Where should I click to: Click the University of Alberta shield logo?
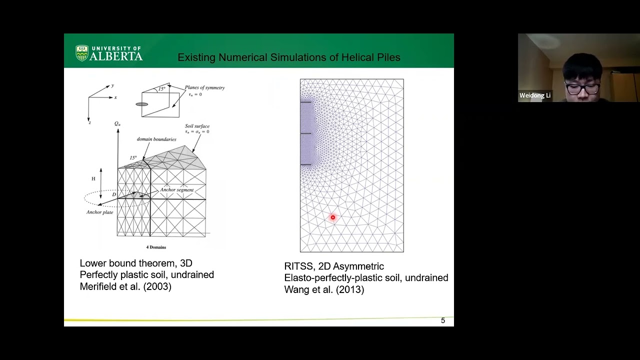tap(82, 53)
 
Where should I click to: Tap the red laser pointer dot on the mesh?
tap(332, 217)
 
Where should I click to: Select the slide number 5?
tap(442, 320)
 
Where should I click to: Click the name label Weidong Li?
tap(534, 95)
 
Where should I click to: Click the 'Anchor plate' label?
tap(99, 212)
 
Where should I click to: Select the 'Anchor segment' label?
tap(176, 190)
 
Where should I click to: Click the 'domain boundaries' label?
tap(156, 139)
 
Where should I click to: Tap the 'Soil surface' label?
tap(197, 126)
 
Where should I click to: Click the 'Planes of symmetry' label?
tap(204, 87)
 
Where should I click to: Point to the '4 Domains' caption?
tap(156, 247)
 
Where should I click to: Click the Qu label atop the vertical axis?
tap(117, 123)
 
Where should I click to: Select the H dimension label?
tap(93, 178)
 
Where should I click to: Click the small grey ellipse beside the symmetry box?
tap(141, 104)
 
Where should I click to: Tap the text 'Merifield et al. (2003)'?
tap(125, 286)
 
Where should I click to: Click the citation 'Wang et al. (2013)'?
tap(324, 289)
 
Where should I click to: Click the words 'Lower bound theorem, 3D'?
tap(136, 263)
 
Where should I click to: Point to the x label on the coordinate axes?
tap(115, 97)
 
